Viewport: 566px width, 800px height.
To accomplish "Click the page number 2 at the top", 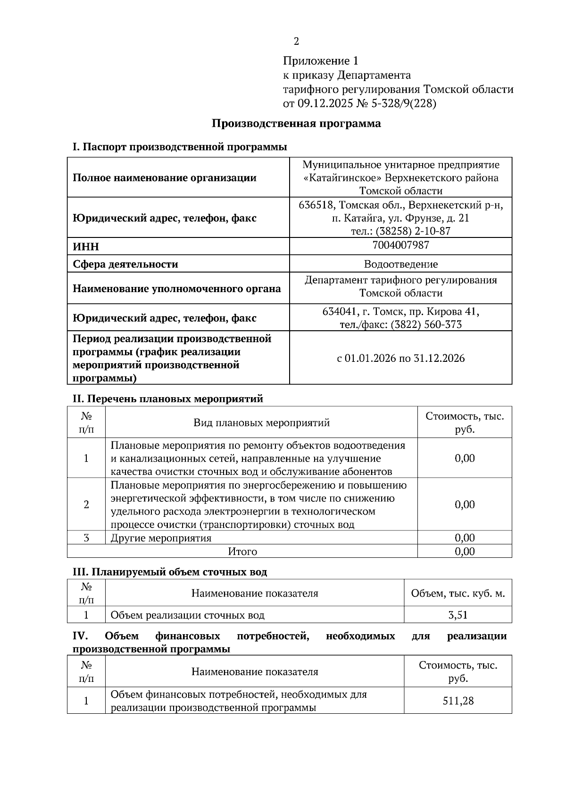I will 296,41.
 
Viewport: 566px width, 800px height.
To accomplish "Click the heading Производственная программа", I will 296,124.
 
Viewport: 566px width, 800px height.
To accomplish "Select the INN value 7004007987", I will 400,245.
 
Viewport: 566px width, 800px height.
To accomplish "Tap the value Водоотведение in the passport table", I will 400,264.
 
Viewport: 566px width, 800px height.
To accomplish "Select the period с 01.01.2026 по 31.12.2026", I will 400,359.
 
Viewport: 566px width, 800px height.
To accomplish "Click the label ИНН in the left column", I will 86,247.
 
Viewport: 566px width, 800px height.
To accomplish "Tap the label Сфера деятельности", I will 125,264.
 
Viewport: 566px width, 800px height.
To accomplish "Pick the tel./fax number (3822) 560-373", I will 426,325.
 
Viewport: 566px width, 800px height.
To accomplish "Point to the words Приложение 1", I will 321,61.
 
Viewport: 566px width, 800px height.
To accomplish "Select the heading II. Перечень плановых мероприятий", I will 167,399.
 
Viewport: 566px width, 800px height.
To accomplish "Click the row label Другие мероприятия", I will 161,538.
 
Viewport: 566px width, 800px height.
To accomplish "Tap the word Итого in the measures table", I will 242,551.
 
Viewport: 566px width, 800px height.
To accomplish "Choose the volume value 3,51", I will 458,615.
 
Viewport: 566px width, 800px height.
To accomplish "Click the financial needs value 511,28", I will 458,701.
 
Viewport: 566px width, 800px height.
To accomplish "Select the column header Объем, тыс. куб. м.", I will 458,594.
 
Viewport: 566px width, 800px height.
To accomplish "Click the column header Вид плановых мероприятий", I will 261,423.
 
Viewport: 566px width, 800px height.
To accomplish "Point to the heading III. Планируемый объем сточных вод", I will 169,572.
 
